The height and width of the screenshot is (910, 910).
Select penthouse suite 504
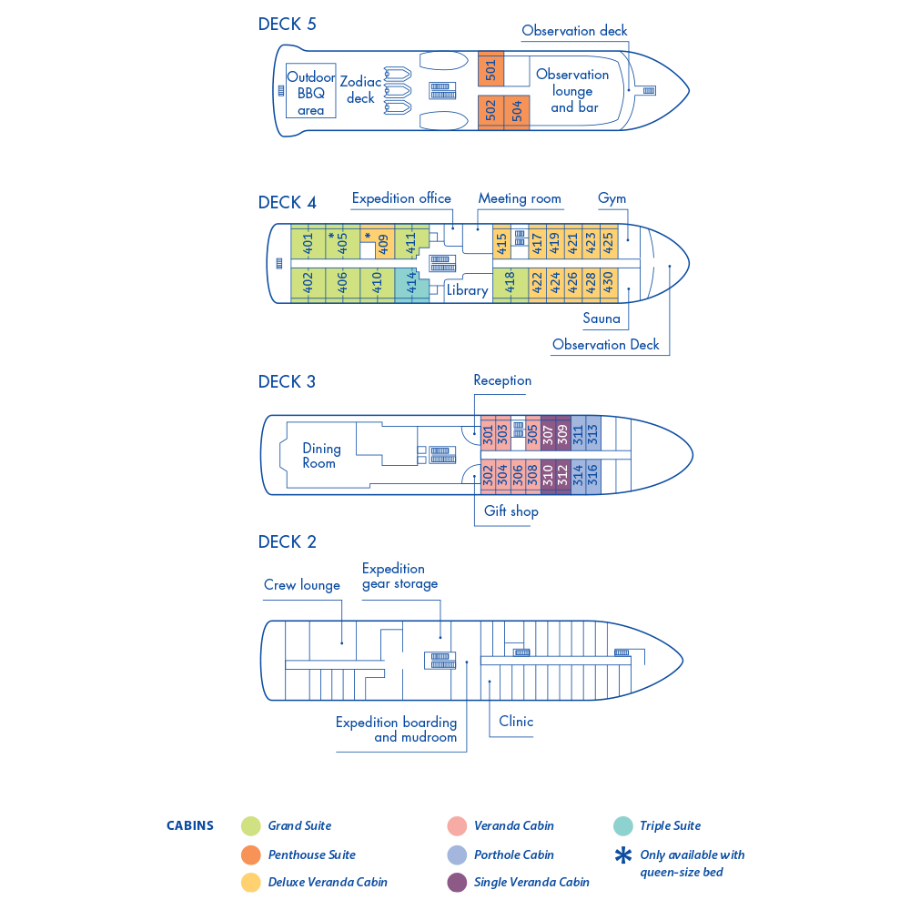(x=517, y=111)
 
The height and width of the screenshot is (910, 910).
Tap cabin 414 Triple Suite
(x=411, y=284)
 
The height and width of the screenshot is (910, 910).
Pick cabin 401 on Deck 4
(x=308, y=243)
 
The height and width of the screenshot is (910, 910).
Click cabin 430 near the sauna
(x=608, y=284)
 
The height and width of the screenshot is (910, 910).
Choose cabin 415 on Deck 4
(x=501, y=243)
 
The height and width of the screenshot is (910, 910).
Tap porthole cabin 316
(x=592, y=476)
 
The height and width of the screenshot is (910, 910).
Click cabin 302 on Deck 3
(x=489, y=476)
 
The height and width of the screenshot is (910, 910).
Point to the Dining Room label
(x=320, y=455)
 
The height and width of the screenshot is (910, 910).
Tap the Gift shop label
(x=511, y=511)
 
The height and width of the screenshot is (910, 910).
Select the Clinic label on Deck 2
(x=516, y=721)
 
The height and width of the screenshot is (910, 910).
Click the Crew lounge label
(x=301, y=585)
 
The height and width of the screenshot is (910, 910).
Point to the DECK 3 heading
(x=287, y=381)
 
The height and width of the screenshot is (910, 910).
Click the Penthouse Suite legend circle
(x=251, y=854)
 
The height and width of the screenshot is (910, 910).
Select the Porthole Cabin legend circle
(x=457, y=854)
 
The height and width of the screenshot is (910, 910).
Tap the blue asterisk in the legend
(x=623, y=855)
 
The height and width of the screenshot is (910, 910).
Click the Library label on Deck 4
(x=467, y=290)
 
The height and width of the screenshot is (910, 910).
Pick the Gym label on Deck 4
(x=612, y=198)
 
